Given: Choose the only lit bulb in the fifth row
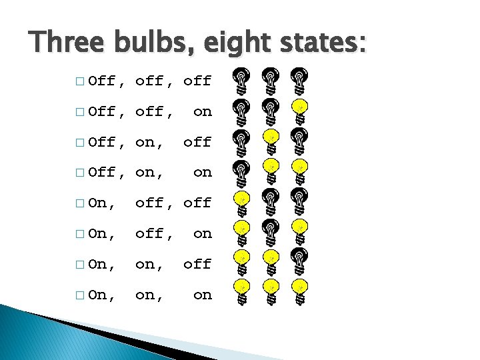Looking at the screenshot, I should click(x=241, y=201).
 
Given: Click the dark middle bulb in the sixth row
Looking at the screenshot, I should click(x=271, y=232).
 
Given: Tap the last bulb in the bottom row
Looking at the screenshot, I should click(x=300, y=293).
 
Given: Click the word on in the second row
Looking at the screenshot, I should click(x=202, y=112).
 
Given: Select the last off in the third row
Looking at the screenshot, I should click(x=197, y=142).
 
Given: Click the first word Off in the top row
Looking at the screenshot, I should click(x=102, y=81).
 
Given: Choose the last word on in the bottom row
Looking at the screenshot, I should click(x=202, y=295).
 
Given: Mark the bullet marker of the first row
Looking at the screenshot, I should click(x=80, y=82).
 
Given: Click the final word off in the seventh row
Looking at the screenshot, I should click(x=197, y=264).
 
